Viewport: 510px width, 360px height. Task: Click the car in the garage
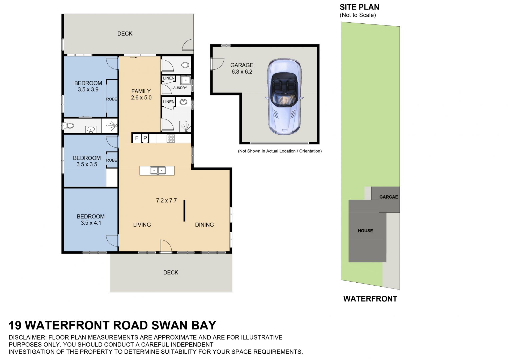pyautogui.click(x=284, y=97)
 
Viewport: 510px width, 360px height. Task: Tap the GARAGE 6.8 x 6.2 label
pyautogui.click(x=242, y=68)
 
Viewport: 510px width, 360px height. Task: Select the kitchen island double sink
pyautogui.click(x=158, y=170)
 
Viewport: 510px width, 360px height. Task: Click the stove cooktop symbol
pyautogui.click(x=171, y=139)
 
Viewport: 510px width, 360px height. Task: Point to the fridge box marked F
pyautogui.click(x=137, y=138)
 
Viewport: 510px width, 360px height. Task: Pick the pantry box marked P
pyautogui.click(x=145, y=138)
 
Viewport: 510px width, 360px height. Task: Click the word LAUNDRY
pyautogui.click(x=179, y=88)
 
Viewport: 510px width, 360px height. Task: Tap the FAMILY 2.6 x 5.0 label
pyautogui.click(x=141, y=94)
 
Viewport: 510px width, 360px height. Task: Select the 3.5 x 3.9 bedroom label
pyautogui.click(x=88, y=86)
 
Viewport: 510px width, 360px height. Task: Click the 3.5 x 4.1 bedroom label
pyautogui.click(x=91, y=220)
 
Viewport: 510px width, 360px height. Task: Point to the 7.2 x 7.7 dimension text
pyautogui.click(x=166, y=200)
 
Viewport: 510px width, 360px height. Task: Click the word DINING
pyautogui.click(x=204, y=225)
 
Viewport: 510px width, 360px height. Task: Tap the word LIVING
pyautogui.click(x=142, y=225)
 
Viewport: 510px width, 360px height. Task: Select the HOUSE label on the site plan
pyautogui.click(x=365, y=231)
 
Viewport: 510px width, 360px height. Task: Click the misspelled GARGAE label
pyautogui.click(x=389, y=197)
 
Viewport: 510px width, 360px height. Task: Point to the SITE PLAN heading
pyautogui.click(x=359, y=7)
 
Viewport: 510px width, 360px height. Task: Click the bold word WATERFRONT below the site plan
pyautogui.click(x=370, y=299)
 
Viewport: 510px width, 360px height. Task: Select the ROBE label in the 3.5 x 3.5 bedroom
pyautogui.click(x=112, y=160)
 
